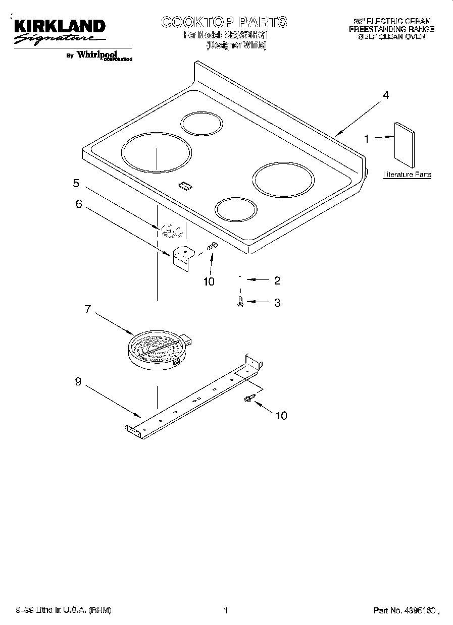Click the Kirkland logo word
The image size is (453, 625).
point(59,26)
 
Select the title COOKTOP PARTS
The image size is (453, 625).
point(224,22)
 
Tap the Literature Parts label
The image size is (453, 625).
point(407,175)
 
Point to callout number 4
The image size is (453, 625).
point(386,95)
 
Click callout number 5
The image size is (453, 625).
point(76,184)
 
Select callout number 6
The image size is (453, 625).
point(79,204)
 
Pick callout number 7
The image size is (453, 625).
point(88,309)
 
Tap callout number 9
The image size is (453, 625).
point(78,382)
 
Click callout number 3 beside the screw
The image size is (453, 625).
point(277,303)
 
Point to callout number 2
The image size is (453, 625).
point(277,281)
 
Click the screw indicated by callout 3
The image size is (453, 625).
point(240,302)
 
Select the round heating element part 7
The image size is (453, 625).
point(157,348)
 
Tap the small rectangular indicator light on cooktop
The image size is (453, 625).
point(185,186)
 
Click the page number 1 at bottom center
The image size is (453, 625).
point(226,611)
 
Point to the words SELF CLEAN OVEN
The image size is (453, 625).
point(392,37)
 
